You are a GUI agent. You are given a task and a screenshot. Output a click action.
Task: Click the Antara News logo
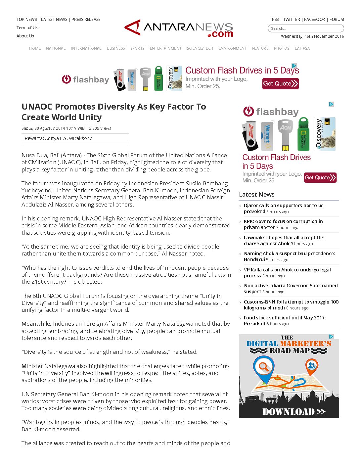tap(179, 28)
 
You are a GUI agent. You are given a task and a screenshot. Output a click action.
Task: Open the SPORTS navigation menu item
tap(137, 48)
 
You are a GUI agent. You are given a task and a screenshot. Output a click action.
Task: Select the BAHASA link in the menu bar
tap(302, 48)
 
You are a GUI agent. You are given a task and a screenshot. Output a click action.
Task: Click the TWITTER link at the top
tap(292, 20)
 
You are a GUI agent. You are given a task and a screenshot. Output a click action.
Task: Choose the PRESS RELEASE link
tap(86, 20)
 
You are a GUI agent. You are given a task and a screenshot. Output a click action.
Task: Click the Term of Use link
tap(28, 28)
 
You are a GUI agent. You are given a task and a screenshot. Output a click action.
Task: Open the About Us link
tap(25, 36)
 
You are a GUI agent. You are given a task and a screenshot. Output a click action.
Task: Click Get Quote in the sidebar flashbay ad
tap(320, 178)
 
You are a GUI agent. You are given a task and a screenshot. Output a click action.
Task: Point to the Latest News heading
tap(257, 195)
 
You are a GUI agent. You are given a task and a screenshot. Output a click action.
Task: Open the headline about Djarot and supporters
tap(284, 209)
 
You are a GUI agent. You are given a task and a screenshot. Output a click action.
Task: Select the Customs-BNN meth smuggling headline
tap(291, 304)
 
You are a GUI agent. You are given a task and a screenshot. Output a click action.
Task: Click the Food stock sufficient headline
tap(285, 321)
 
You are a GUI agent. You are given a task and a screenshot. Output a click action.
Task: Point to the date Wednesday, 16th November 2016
tap(312, 36)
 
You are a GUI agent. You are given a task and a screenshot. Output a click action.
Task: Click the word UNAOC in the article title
tap(37, 107)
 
